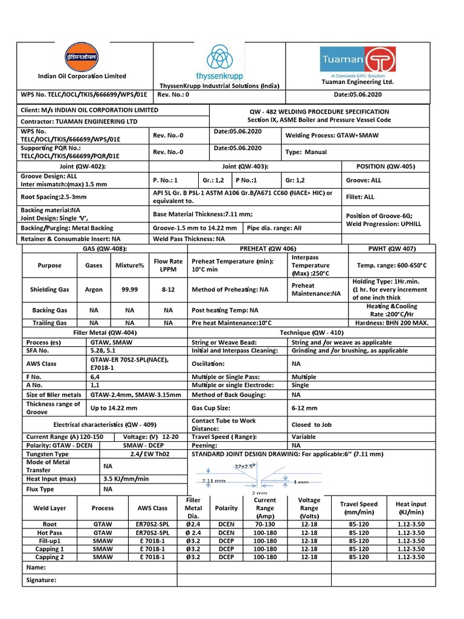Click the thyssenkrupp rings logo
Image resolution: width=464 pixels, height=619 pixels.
pyautogui.click(x=226, y=60)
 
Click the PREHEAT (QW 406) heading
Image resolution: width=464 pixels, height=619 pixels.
pyautogui.click(x=268, y=248)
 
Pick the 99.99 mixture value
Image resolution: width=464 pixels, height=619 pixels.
pyautogui.click(x=129, y=290)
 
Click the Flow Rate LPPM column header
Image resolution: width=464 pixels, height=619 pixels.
pyautogui.click(x=168, y=265)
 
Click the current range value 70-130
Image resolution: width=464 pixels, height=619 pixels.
pyautogui.click(x=265, y=524)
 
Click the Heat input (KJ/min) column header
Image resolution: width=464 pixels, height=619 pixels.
pyautogui.click(x=410, y=508)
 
